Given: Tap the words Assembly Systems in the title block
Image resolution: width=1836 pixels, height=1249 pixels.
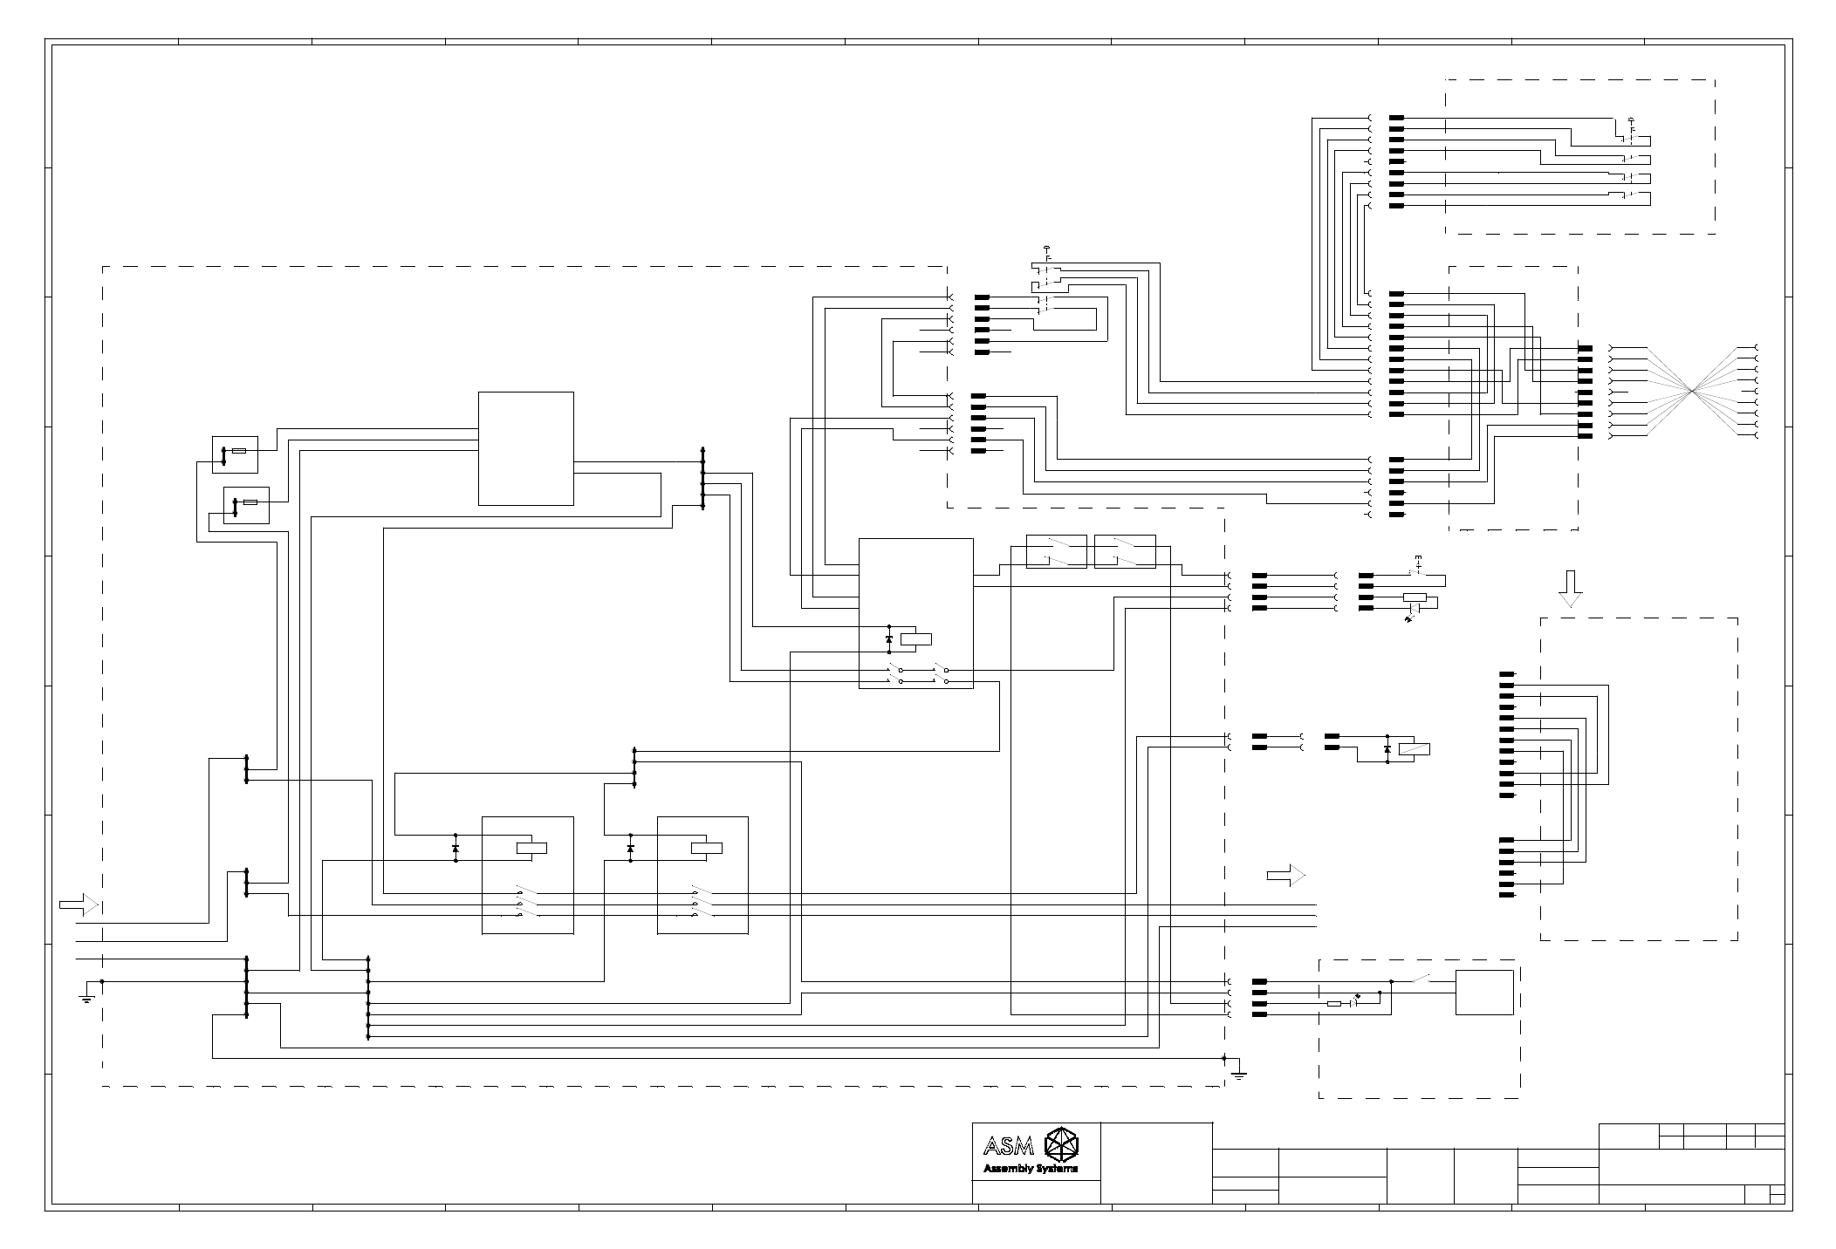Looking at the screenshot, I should click(1031, 1169).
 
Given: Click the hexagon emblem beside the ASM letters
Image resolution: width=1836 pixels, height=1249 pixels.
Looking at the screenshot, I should click(1063, 1144).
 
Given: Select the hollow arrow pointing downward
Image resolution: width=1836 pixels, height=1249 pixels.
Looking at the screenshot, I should click(1571, 588).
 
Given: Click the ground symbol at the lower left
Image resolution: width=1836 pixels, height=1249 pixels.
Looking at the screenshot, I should click(86, 997).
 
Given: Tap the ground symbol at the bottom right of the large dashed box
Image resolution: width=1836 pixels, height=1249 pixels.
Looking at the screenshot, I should click(1238, 1075).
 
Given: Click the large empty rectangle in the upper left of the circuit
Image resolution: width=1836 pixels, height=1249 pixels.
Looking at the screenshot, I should click(525, 448).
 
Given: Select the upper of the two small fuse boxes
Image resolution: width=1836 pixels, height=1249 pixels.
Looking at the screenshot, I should click(235, 454).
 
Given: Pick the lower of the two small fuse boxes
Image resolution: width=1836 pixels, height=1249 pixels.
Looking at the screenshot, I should click(246, 504).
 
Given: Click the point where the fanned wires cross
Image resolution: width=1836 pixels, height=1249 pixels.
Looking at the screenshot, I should click(1692, 391).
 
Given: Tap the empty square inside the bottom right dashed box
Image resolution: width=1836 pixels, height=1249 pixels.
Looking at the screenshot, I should click(1483, 993).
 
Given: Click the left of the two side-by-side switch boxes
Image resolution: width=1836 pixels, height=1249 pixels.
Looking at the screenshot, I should click(1056, 551).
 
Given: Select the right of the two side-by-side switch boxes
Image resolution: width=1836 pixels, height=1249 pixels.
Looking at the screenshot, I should click(1125, 551).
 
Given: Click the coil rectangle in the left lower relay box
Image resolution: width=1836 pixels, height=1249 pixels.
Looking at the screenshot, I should click(531, 847).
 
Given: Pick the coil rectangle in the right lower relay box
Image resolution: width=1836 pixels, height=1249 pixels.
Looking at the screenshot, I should click(706, 847).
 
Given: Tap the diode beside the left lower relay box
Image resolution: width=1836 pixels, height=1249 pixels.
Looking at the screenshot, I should click(456, 848).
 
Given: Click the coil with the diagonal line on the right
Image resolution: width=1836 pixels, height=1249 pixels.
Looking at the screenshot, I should click(1414, 748).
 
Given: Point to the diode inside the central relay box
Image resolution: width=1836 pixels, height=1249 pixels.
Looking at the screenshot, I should click(888, 639).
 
